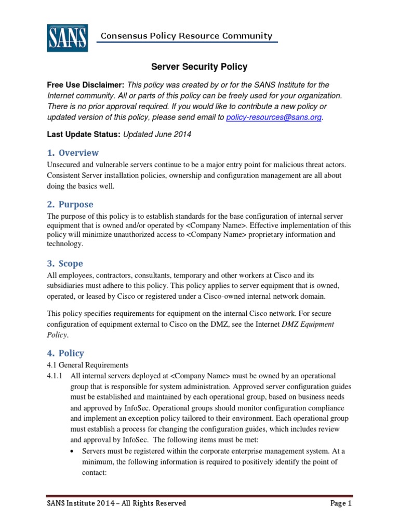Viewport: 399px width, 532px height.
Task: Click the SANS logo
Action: (x=67, y=37)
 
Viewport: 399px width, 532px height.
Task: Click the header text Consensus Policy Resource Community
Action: (x=186, y=36)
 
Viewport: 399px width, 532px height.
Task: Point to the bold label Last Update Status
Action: (x=84, y=135)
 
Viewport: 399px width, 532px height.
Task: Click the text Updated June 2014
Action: (x=157, y=135)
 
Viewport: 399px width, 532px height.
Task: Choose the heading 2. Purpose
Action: (x=70, y=204)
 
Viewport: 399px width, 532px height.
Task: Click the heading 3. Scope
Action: (x=65, y=263)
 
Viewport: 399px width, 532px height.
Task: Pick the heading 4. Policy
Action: (x=65, y=353)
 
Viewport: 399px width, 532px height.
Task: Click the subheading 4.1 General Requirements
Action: (x=87, y=364)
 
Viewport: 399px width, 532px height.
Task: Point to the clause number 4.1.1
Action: (x=55, y=376)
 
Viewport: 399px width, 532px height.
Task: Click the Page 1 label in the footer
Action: (x=341, y=503)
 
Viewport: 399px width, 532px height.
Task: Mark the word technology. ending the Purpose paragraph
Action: (x=65, y=244)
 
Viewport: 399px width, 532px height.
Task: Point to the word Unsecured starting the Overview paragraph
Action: (x=63, y=164)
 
